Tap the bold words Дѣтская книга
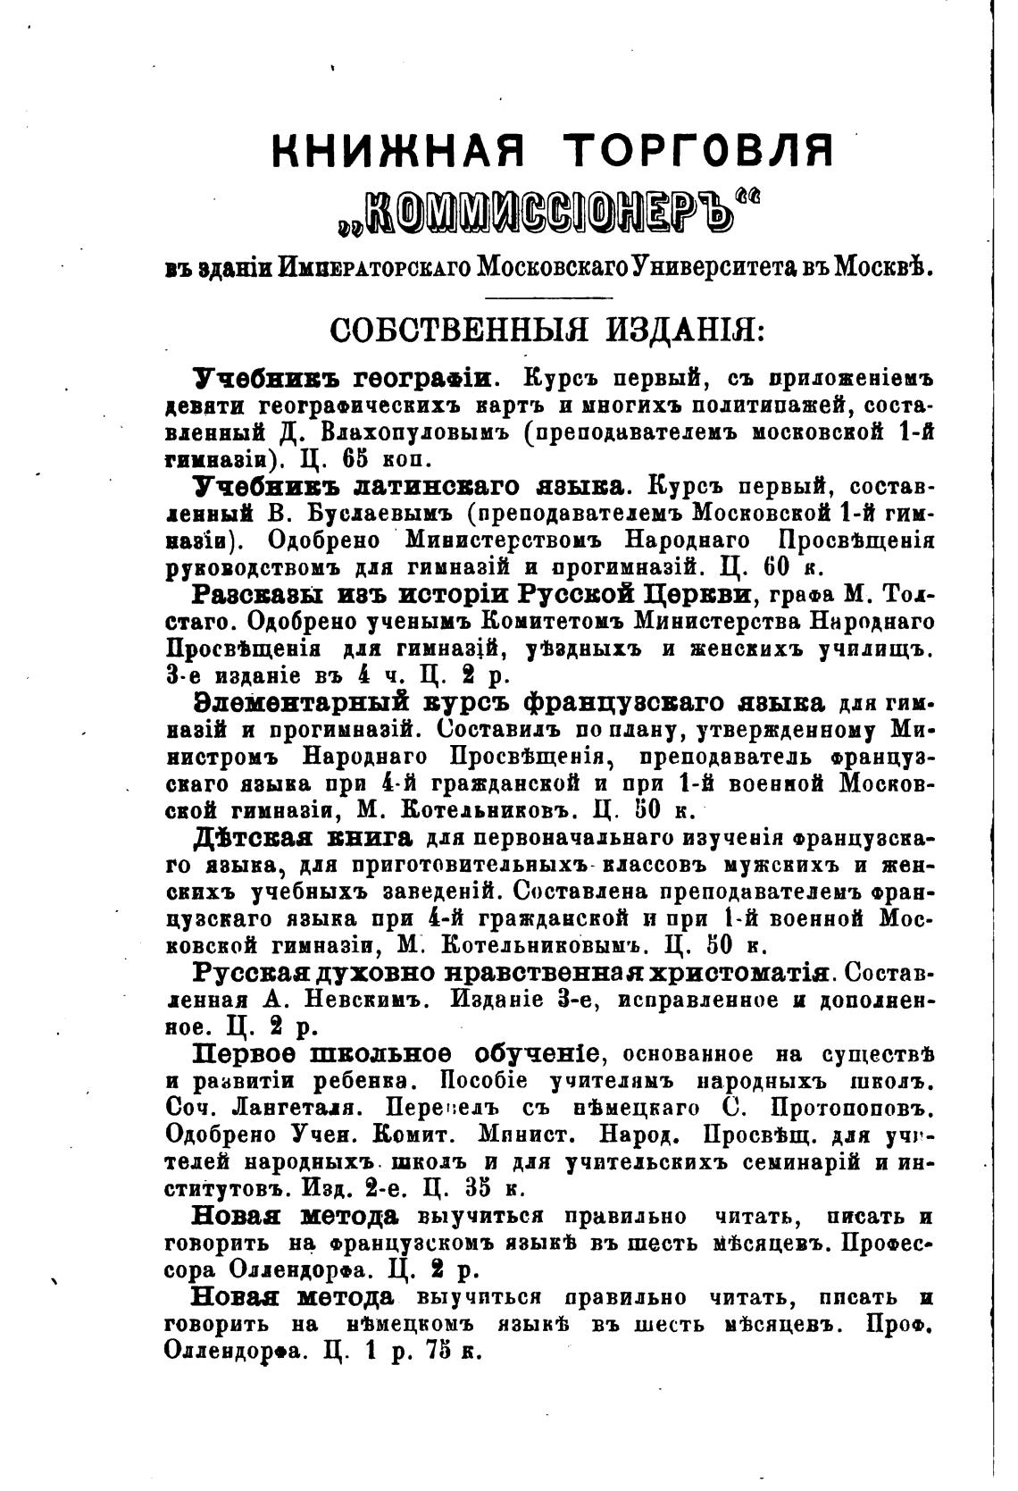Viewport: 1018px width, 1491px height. click(x=304, y=838)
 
